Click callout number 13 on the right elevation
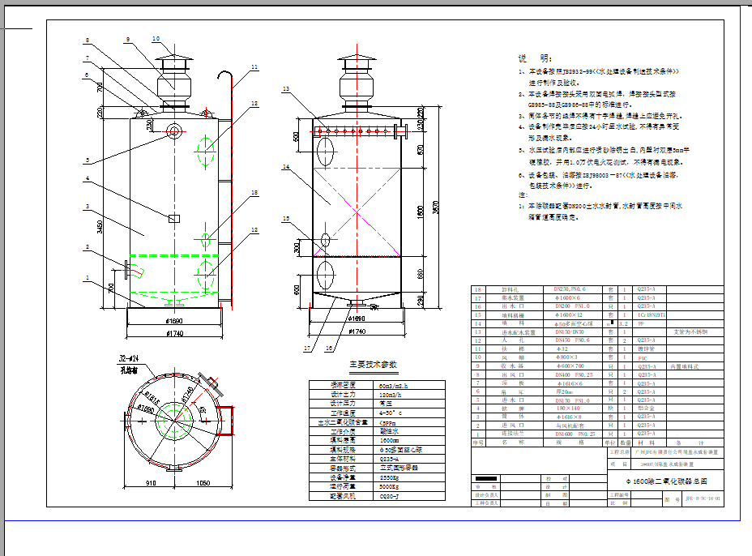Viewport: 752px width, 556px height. pyautogui.click(x=286, y=88)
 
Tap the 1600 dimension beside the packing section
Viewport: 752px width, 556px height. pyautogui.click(x=420, y=212)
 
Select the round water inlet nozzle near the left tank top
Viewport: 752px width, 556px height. pyautogui.click(x=174, y=130)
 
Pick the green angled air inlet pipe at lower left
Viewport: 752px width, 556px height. pyautogui.click(x=137, y=268)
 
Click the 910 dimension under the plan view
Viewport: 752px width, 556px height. pyautogui.click(x=151, y=483)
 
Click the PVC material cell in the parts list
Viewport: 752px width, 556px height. pyautogui.click(x=646, y=357)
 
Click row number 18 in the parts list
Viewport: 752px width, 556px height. pyautogui.click(x=477, y=289)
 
